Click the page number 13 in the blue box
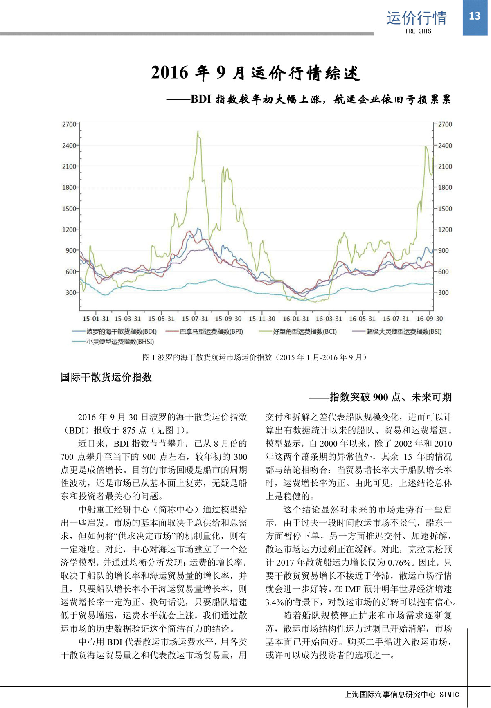coord(474,16)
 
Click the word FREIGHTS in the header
coord(418,31)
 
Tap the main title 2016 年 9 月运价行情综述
coord(256,73)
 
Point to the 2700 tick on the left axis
coord(69,124)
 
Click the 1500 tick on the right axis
coord(445,209)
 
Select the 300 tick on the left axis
coord(70,292)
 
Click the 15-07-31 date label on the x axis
coord(195,319)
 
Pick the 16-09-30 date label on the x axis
coord(430,319)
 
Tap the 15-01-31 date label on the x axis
coord(96,319)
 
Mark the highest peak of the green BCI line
coord(198,132)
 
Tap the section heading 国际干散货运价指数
coord(106,377)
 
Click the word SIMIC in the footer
coord(449,695)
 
